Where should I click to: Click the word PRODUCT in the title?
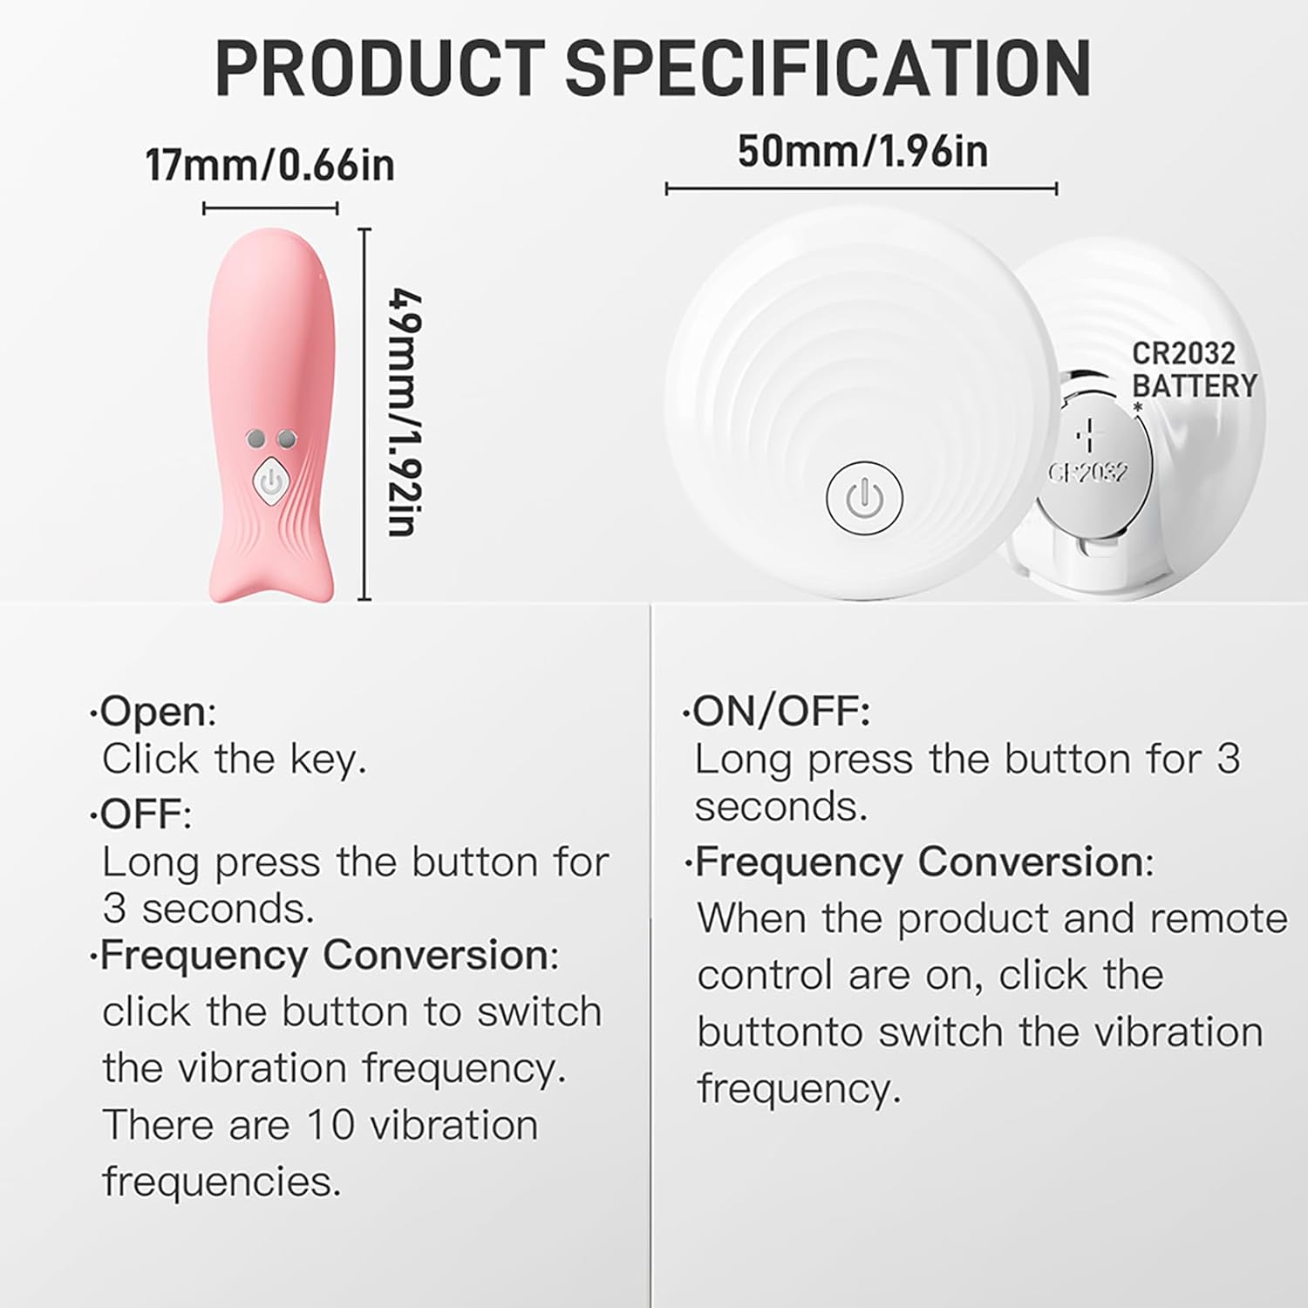point(380,67)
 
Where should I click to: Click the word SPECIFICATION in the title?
point(829,67)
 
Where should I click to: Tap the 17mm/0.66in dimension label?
point(270,165)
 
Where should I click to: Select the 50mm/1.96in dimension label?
point(862,151)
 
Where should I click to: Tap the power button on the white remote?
point(862,498)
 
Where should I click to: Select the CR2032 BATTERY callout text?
point(1194,369)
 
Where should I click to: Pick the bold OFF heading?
point(141,815)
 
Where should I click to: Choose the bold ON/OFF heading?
point(780,712)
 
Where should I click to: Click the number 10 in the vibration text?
point(330,1125)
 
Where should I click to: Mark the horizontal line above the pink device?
point(270,208)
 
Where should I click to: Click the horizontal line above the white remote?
point(862,188)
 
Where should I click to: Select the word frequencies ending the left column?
point(221,1182)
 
